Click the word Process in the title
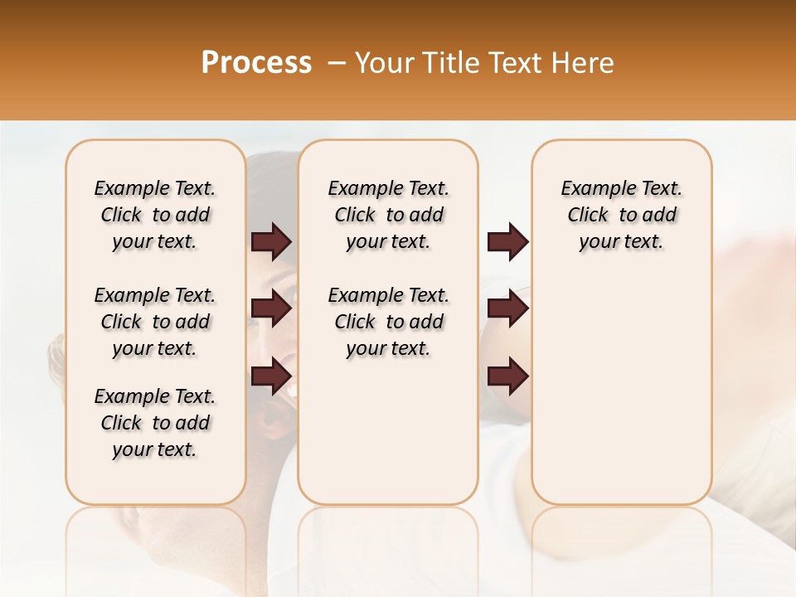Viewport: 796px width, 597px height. [256, 63]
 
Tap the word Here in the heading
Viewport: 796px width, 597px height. [584, 63]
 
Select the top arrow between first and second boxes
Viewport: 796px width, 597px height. [271, 242]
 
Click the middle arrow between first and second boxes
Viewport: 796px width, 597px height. [271, 308]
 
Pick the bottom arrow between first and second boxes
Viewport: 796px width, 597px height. [271, 376]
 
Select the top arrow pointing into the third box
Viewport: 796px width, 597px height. [507, 242]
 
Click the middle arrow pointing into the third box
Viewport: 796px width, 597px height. [507, 308]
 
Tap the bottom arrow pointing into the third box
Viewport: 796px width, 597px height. [507, 376]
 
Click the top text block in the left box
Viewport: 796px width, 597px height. [155, 215]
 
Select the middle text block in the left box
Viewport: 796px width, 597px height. [155, 322]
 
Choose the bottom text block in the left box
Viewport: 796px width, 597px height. [155, 423]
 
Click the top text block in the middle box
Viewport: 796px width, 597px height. [388, 215]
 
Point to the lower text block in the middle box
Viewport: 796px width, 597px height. [388, 322]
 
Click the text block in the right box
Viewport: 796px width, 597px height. [621, 215]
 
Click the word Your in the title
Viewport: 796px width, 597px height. [381, 63]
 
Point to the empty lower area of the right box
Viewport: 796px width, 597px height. [621, 381]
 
